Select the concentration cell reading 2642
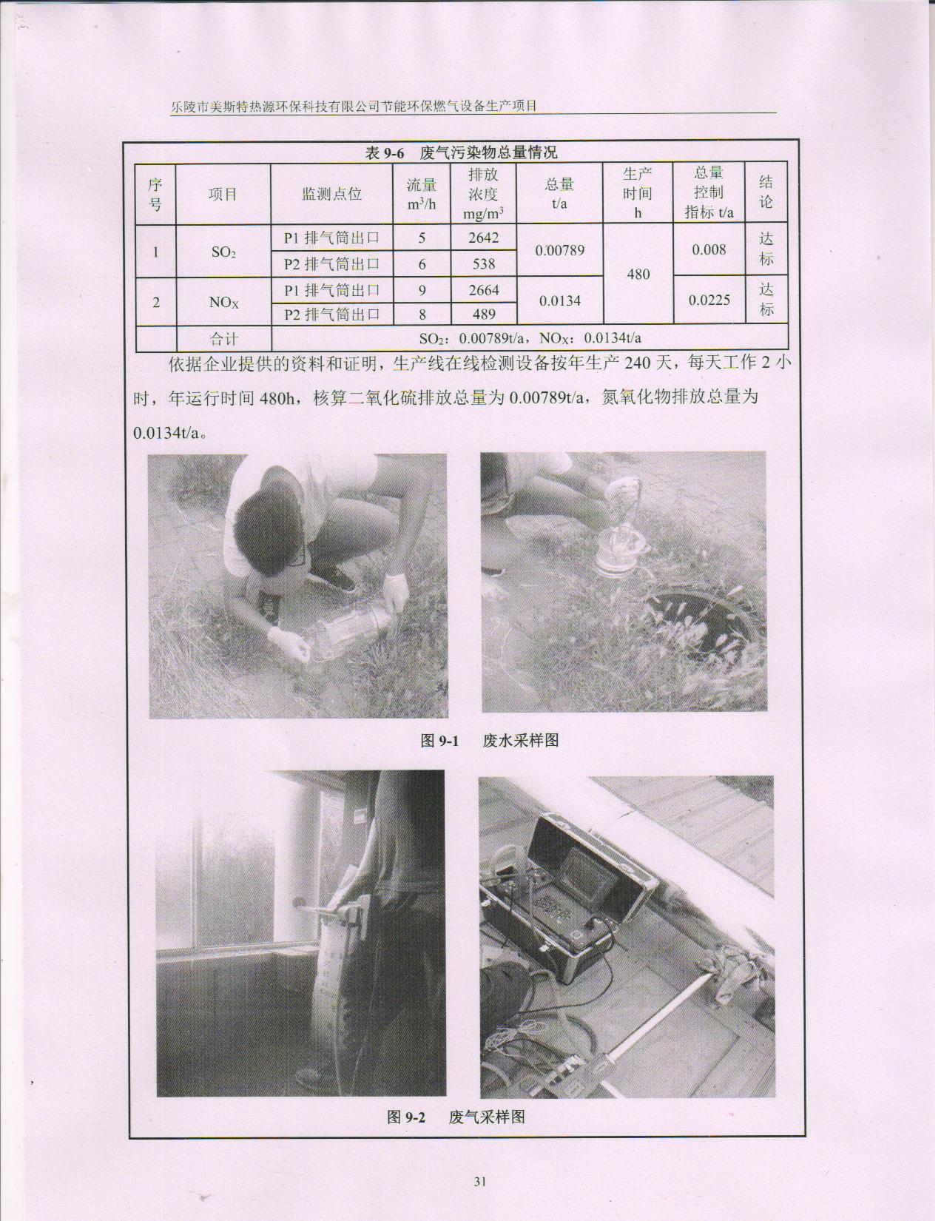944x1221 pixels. click(x=484, y=238)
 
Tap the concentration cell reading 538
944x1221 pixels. click(x=484, y=263)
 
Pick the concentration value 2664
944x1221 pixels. click(x=484, y=291)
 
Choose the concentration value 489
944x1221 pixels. click(x=484, y=314)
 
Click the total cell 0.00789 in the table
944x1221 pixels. click(x=559, y=251)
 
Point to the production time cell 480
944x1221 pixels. click(x=638, y=275)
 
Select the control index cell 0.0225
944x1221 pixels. click(x=709, y=300)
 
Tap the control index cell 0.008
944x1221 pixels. click(x=709, y=250)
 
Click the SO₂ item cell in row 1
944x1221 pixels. click(x=223, y=252)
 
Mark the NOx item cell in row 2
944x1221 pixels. click(x=223, y=303)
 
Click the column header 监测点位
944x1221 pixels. click(x=331, y=195)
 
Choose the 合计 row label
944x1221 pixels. click(x=223, y=339)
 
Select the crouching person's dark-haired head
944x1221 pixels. click(x=269, y=526)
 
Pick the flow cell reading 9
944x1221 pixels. click(x=422, y=291)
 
